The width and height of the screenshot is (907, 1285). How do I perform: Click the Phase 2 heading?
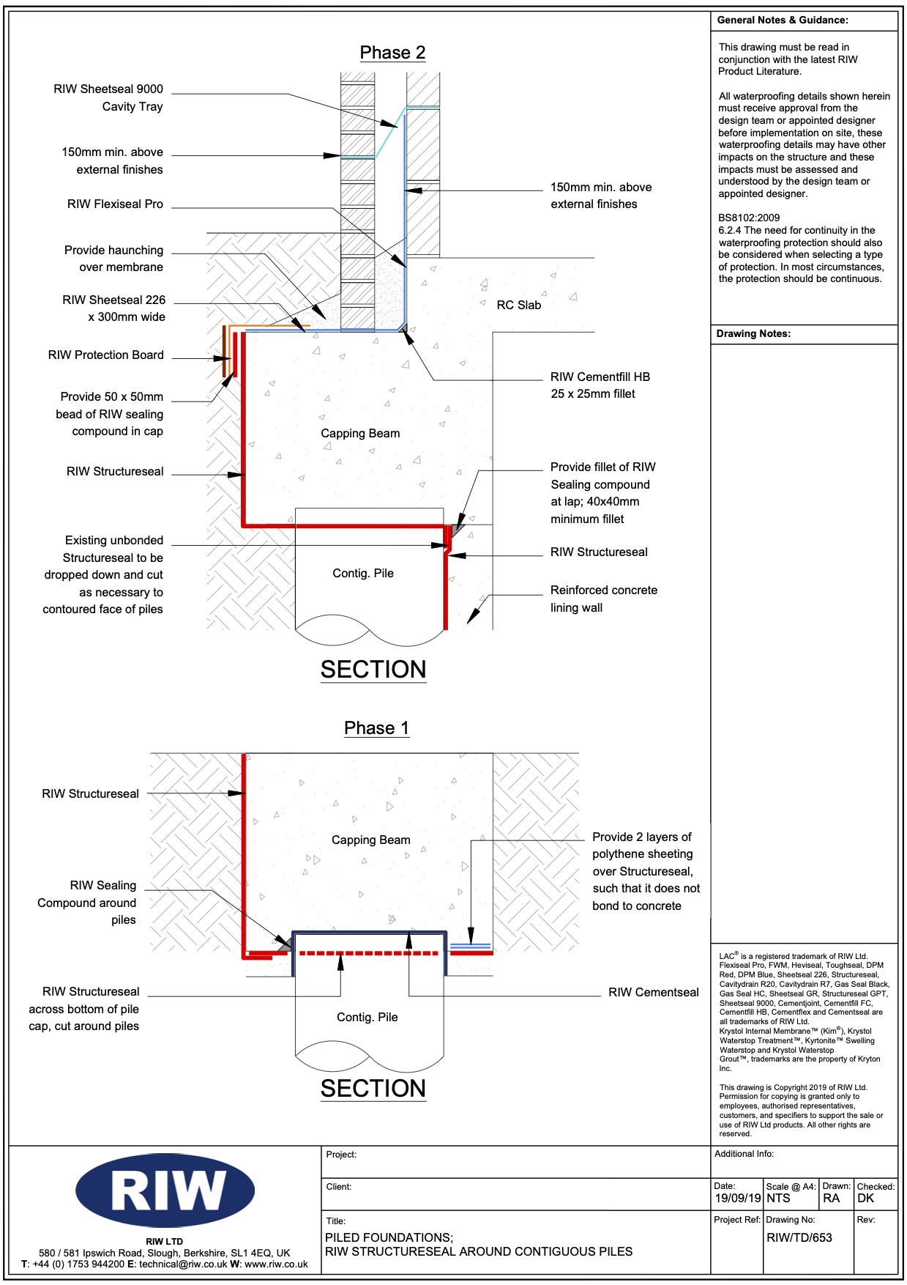pyautogui.click(x=392, y=53)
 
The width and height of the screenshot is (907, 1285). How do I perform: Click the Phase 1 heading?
pyautogui.click(x=376, y=728)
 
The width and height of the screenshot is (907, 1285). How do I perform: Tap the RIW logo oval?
pyautogui.click(x=165, y=1190)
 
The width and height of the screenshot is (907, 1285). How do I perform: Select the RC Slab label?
pyautogui.click(x=518, y=305)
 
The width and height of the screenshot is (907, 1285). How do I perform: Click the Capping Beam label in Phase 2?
pyautogui.click(x=360, y=434)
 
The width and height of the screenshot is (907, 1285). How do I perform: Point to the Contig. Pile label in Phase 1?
pyautogui.click(x=367, y=1017)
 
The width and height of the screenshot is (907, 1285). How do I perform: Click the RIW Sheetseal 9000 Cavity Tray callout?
pyautogui.click(x=108, y=97)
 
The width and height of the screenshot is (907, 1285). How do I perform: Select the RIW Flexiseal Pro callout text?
pyautogui.click(x=115, y=204)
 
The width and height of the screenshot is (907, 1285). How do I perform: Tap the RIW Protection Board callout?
pyautogui.click(x=106, y=355)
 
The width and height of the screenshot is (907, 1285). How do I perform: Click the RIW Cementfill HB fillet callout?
pyautogui.click(x=600, y=385)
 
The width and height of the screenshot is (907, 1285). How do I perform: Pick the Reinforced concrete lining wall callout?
pyautogui.click(x=603, y=599)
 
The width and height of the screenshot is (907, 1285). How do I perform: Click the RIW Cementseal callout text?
pyautogui.click(x=653, y=993)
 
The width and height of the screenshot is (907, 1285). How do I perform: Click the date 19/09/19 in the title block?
pyautogui.click(x=737, y=1199)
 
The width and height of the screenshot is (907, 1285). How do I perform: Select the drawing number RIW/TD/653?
pyautogui.click(x=799, y=1237)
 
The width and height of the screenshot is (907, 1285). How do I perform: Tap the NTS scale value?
pyautogui.click(x=778, y=1199)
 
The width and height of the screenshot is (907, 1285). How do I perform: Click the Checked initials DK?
pyautogui.click(x=865, y=1199)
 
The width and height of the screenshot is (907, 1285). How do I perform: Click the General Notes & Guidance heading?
pyautogui.click(x=783, y=21)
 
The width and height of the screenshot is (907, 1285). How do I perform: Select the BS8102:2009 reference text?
pyautogui.click(x=749, y=218)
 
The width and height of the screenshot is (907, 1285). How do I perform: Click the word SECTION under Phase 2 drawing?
pyautogui.click(x=373, y=670)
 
